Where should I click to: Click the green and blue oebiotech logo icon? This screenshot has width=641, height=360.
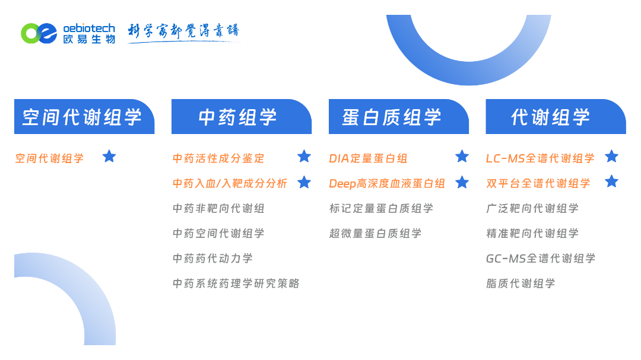tap(39, 33)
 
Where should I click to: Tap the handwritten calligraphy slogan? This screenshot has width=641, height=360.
tap(183, 32)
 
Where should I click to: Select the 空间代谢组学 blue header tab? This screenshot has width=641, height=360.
tap(84, 116)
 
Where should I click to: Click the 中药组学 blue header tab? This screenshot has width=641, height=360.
tap(241, 116)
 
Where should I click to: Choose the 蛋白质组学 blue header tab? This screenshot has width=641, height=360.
tap(399, 116)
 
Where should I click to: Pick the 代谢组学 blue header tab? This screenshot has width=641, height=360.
tap(556, 116)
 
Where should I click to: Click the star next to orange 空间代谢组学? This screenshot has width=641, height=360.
tap(109, 156)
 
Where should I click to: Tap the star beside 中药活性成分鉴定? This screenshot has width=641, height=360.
tap(304, 156)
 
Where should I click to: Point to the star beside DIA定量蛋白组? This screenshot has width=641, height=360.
tap(462, 156)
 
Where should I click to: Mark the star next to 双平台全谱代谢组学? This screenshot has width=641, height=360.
tap(611, 181)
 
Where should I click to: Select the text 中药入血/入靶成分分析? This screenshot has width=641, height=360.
tap(230, 183)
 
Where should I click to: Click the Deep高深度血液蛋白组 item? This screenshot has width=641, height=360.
tap(387, 183)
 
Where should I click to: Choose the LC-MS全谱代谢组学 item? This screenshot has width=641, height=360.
tap(540, 158)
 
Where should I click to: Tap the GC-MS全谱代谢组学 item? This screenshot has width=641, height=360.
tap(541, 258)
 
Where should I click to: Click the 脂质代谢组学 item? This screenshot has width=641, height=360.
tap(521, 283)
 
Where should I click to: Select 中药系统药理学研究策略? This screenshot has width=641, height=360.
tap(236, 283)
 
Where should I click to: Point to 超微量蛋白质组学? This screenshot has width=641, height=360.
tap(375, 233)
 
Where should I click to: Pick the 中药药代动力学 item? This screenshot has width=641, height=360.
tap(212, 258)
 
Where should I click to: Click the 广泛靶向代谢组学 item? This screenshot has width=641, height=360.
tap(532, 208)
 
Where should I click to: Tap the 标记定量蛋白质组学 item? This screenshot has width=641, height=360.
tap(381, 208)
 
